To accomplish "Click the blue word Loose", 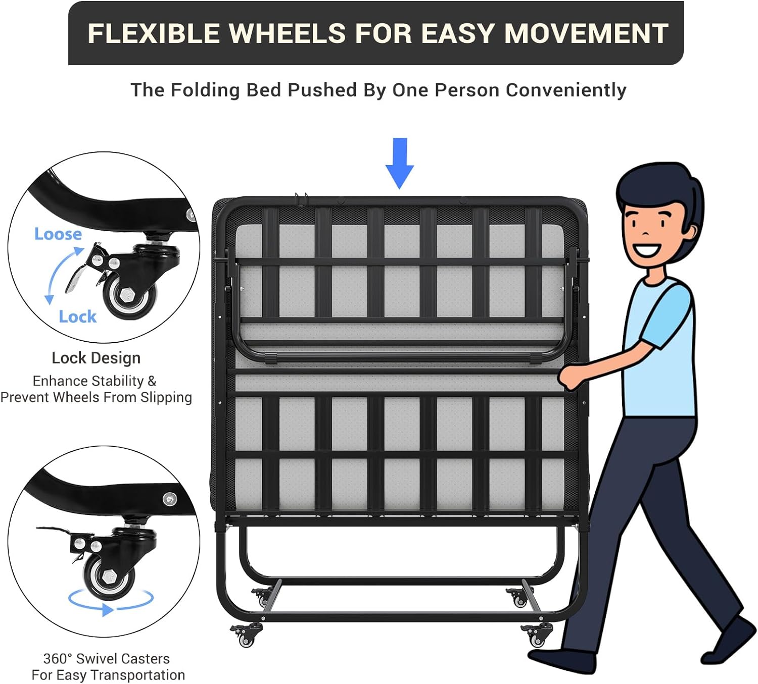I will pyautogui.click(x=58, y=234).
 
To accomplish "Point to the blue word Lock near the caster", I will pyautogui.click(x=77, y=317).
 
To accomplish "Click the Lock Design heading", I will pyautogui.click(x=96, y=358).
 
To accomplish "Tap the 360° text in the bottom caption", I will pyautogui.click(x=58, y=659).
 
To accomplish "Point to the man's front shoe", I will pyautogui.click(x=561, y=659).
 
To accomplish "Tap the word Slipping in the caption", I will pyautogui.click(x=166, y=397).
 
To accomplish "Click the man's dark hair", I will pyautogui.click(x=657, y=187).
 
